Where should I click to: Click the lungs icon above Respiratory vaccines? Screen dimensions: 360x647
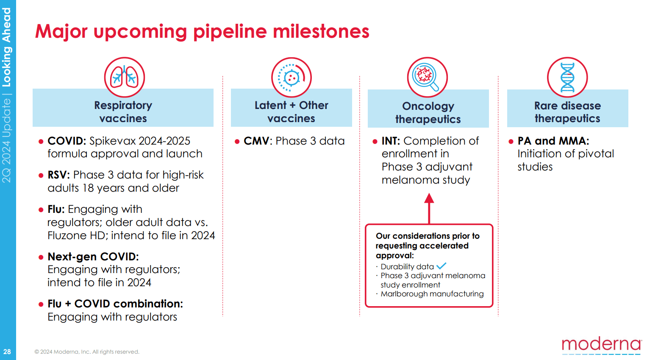click(125, 77)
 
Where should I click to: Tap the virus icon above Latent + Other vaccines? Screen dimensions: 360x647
click(291, 78)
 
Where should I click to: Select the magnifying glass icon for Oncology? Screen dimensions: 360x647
click(427, 77)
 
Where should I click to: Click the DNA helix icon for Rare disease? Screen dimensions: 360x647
click(567, 77)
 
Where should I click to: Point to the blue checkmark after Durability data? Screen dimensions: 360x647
click(442, 266)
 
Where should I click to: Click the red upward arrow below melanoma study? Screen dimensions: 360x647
click(429, 208)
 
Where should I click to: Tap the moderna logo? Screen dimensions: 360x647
click(601, 344)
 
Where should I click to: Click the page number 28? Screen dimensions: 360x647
click(7, 352)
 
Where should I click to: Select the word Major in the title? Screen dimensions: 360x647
click(61, 31)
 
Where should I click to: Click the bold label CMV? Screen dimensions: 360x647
click(256, 141)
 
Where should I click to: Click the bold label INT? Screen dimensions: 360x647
click(391, 141)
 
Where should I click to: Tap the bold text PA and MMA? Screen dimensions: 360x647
click(553, 141)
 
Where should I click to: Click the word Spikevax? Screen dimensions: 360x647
click(113, 141)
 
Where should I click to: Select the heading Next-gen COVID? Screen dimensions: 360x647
click(93, 257)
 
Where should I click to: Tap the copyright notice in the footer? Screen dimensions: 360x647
click(87, 352)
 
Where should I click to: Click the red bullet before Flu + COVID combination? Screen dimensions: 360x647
click(41, 304)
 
